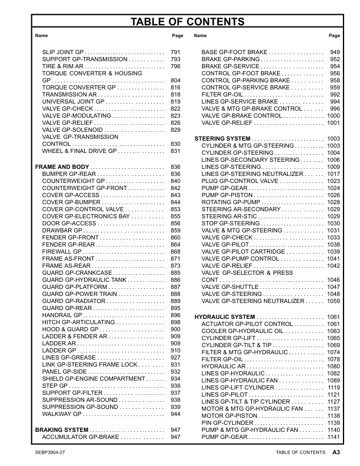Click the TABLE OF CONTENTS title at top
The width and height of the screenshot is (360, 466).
(x=179, y=22)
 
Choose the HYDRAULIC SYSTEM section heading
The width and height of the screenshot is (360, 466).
(x=224, y=317)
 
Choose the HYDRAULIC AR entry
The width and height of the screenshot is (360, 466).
(x=224, y=366)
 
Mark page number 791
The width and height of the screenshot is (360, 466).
(x=175, y=53)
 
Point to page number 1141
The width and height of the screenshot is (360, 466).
(x=334, y=437)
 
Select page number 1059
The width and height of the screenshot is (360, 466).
(x=334, y=301)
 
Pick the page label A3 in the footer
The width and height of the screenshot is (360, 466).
(x=336, y=452)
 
